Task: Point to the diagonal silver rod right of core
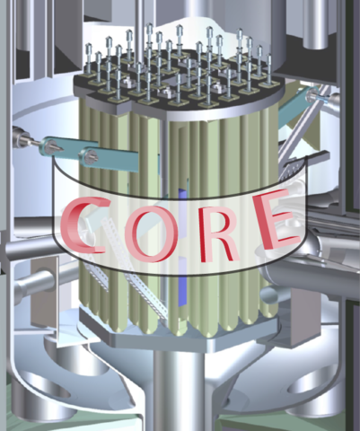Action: [296, 148]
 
